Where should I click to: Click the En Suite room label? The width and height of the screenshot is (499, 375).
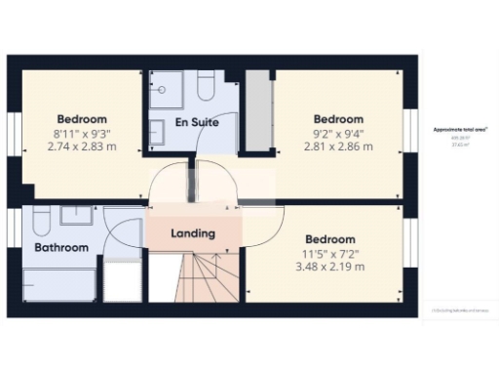click(x=196, y=123)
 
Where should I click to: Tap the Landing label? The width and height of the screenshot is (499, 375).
click(x=192, y=234)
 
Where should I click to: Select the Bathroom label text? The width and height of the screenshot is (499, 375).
click(x=61, y=248)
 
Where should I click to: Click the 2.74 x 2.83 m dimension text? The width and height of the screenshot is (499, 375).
click(x=81, y=146)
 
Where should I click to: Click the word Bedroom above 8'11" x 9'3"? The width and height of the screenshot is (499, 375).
click(x=81, y=118)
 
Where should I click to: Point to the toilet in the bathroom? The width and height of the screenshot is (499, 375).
click(x=39, y=219)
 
